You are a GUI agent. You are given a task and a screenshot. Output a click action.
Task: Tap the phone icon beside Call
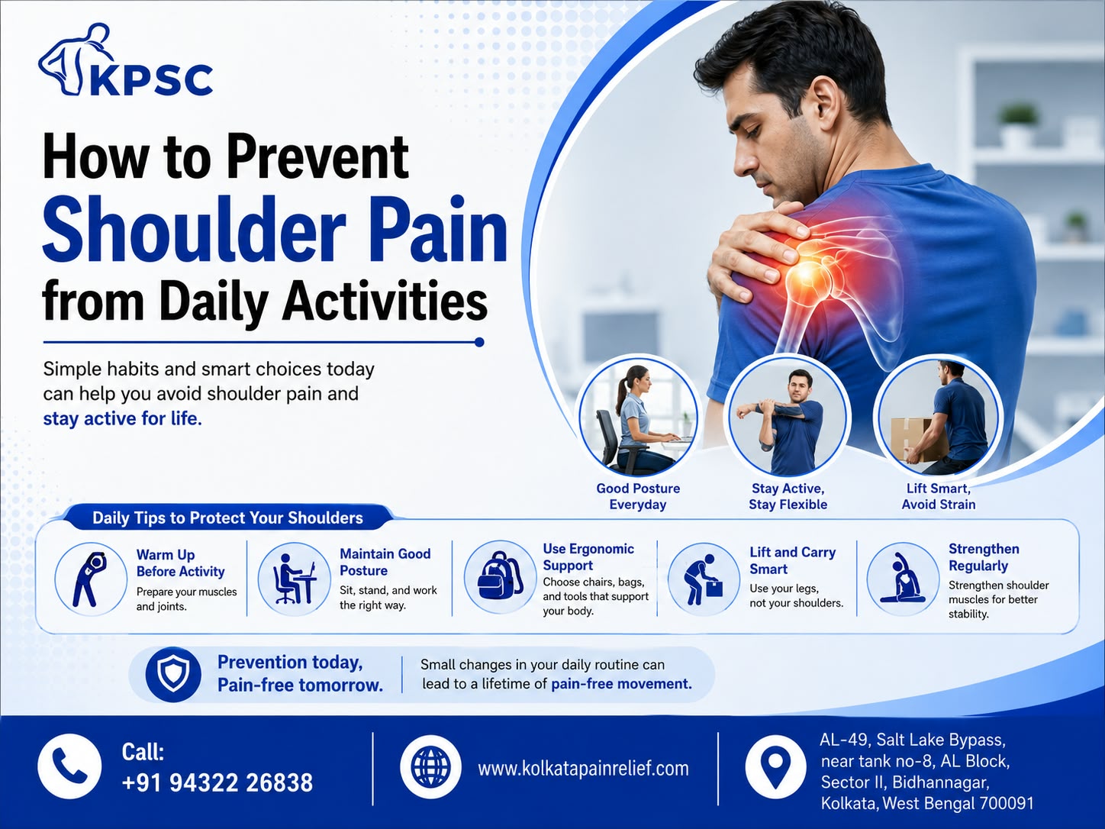pyautogui.click(x=69, y=766)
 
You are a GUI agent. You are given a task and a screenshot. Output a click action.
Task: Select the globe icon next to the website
pyautogui.click(x=431, y=767)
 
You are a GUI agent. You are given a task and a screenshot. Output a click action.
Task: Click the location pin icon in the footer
pyautogui.click(x=776, y=766)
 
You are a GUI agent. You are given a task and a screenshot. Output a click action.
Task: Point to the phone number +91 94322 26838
pyautogui.click(x=217, y=783)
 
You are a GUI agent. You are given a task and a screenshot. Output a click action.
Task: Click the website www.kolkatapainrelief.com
pyautogui.click(x=584, y=769)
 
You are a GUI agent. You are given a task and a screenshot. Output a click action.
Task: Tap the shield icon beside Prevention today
pyautogui.click(x=173, y=675)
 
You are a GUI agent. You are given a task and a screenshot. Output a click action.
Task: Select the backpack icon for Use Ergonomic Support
pyautogui.click(x=500, y=576)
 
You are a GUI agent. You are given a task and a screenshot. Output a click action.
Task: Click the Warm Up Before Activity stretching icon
pyautogui.click(x=91, y=579)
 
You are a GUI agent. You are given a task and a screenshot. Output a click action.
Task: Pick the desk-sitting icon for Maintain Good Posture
pyautogui.click(x=295, y=579)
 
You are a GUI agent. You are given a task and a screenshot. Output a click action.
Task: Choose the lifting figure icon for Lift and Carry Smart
pyautogui.click(x=704, y=579)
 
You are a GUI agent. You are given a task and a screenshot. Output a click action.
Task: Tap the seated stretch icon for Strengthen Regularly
pyautogui.click(x=903, y=579)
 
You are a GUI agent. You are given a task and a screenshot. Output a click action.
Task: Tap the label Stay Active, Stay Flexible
pyautogui.click(x=788, y=496)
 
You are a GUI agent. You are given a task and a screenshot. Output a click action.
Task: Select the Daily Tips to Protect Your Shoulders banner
pyautogui.click(x=227, y=518)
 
